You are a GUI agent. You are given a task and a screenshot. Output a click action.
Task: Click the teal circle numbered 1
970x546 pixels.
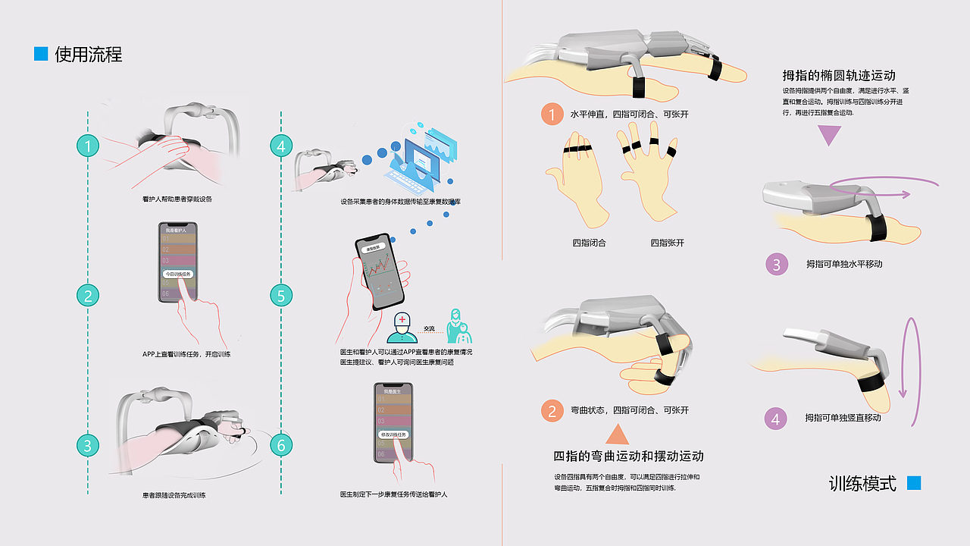[89, 146]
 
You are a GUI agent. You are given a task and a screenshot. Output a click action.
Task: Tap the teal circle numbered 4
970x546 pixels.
[281, 146]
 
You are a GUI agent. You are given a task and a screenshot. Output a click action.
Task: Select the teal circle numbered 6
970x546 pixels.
[281, 445]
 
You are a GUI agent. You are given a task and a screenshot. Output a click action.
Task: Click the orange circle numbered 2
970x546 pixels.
[552, 411]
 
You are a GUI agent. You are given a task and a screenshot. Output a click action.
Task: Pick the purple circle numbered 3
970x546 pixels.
[776, 265]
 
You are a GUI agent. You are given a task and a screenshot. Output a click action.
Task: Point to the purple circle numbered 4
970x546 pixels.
[774, 419]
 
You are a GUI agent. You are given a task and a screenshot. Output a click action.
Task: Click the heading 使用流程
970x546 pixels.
[88, 55]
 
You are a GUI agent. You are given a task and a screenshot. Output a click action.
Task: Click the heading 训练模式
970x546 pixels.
[862, 484]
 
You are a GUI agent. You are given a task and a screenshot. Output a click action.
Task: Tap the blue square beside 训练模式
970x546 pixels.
[914, 483]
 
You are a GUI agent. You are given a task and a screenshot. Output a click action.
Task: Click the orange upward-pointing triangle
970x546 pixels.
[618, 435]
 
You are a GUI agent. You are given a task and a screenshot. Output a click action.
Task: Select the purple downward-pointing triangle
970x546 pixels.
[831, 135]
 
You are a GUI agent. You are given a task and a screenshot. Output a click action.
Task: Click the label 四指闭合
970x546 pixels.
[589, 243]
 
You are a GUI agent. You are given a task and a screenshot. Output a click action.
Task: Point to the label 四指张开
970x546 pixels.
[667, 243]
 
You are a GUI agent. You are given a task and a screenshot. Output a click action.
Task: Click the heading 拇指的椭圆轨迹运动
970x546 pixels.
[839, 76]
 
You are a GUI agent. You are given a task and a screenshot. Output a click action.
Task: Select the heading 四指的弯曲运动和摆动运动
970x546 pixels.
[628, 457]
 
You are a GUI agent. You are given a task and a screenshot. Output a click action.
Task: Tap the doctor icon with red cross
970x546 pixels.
[401, 327]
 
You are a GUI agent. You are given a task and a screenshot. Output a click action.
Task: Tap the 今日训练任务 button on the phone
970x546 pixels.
[179, 274]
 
